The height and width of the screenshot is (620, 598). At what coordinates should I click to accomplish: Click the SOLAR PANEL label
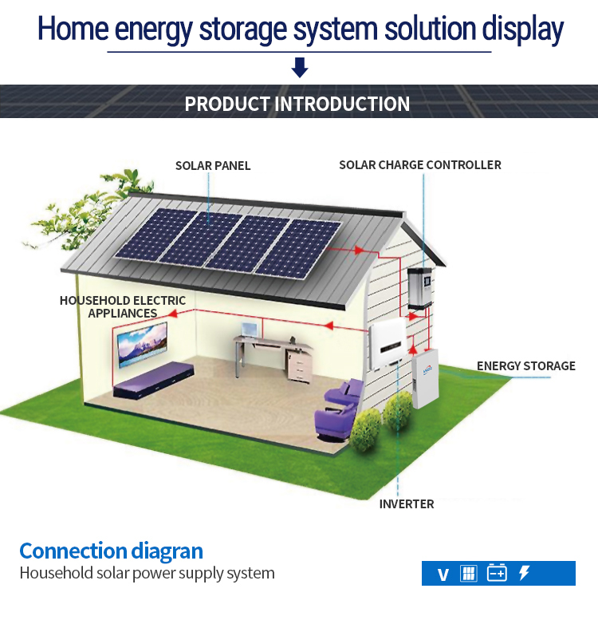[213, 166]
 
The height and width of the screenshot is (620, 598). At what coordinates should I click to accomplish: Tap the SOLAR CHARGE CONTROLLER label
[420, 165]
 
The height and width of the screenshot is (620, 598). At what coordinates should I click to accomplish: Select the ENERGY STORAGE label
[525, 366]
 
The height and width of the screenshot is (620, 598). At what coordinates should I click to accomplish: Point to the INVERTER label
[407, 504]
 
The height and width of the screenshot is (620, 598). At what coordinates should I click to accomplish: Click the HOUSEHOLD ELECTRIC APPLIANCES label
[123, 307]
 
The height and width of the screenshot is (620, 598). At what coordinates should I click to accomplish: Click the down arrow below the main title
[300, 68]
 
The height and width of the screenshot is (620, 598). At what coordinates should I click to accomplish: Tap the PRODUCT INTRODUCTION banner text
[297, 105]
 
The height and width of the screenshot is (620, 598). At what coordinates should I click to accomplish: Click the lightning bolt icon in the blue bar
[524, 573]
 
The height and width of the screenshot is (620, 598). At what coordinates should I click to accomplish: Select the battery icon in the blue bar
[497, 573]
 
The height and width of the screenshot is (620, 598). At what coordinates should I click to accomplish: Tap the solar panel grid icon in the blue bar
[469, 573]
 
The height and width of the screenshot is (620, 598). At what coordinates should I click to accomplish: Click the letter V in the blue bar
[443, 575]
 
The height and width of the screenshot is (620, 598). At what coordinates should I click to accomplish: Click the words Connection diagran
[112, 551]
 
